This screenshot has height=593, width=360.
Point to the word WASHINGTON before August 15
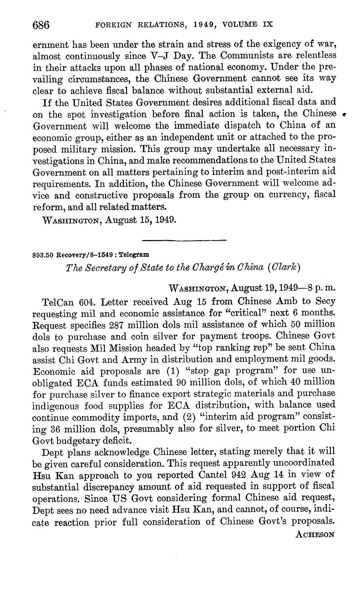70,220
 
